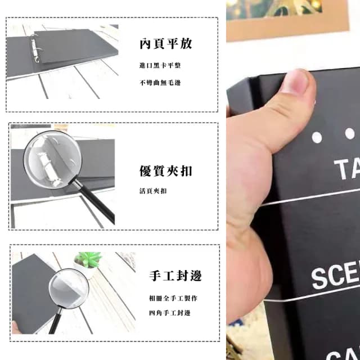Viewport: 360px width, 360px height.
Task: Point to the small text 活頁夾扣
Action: [152, 191]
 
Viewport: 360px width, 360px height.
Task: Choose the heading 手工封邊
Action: [175, 276]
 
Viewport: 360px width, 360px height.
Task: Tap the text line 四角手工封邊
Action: [169, 313]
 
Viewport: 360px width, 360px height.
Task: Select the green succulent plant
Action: [88, 259]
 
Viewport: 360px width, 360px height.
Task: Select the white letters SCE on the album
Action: [336, 276]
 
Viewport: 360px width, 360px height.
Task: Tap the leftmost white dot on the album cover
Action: [316, 137]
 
